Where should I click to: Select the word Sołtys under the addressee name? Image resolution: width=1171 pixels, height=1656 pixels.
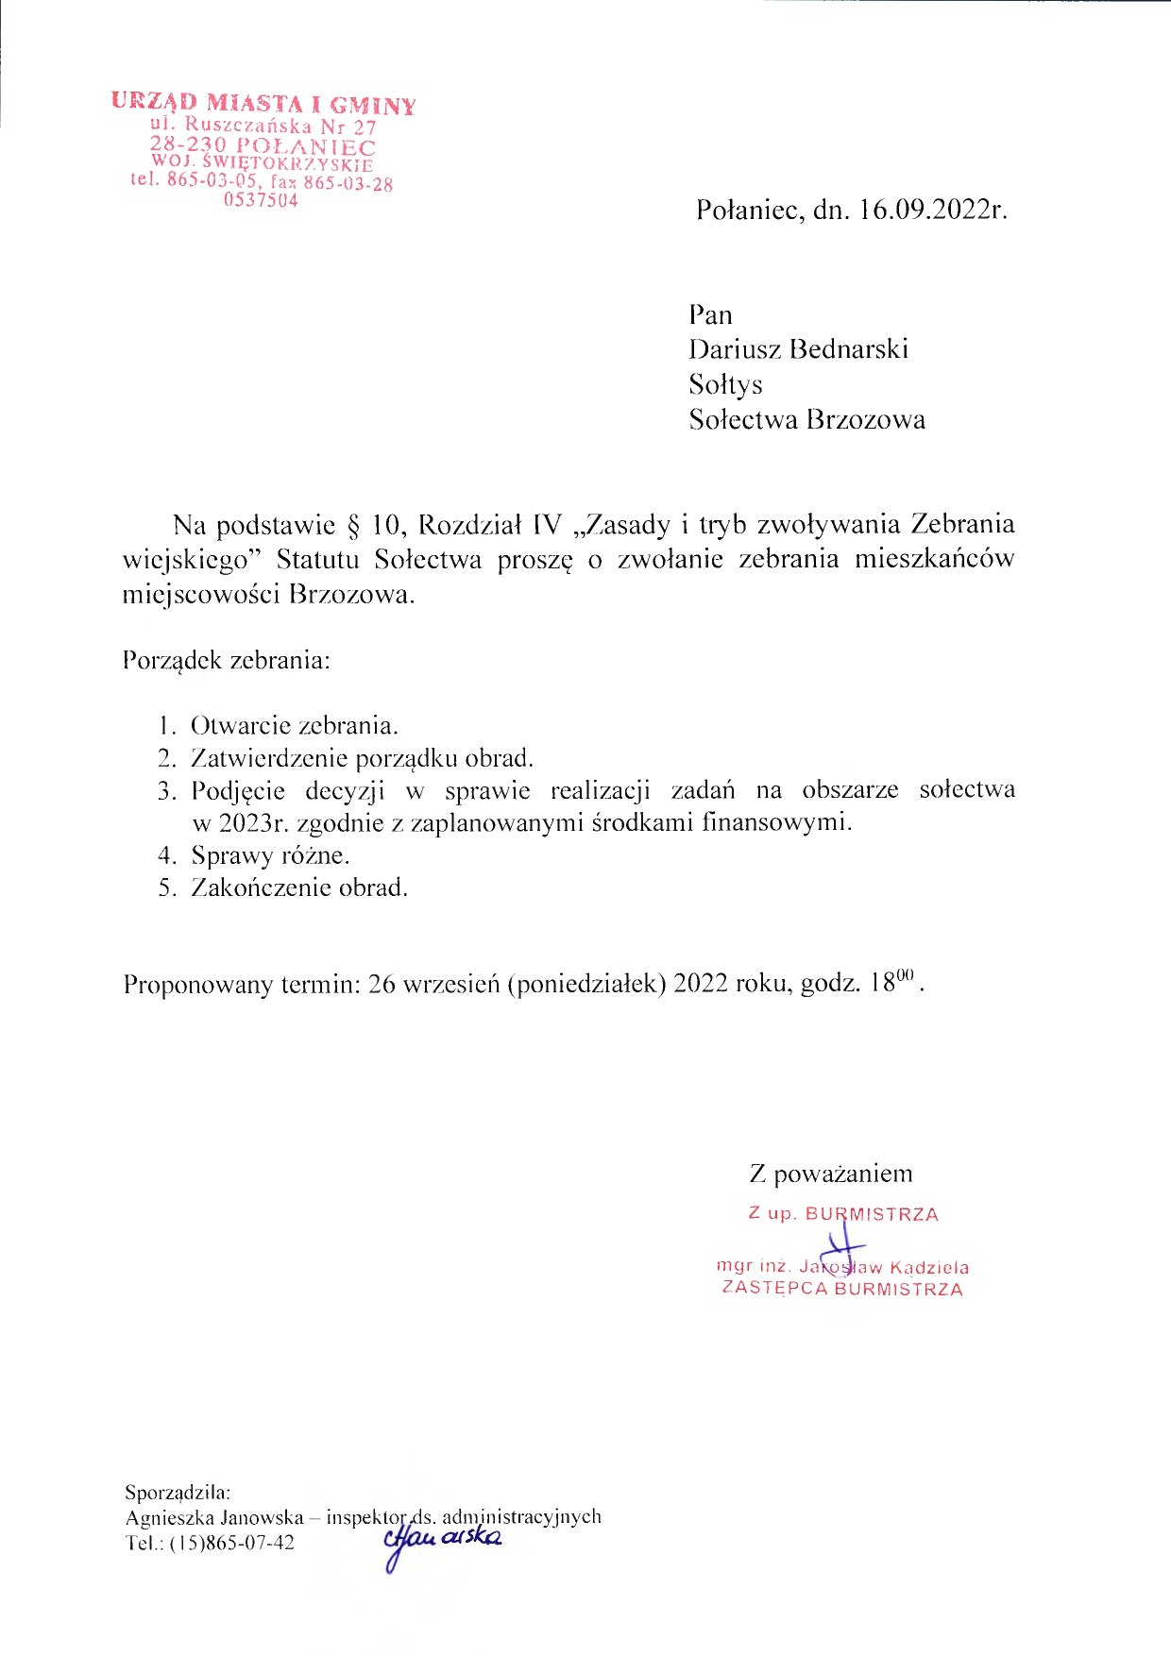click(x=725, y=385)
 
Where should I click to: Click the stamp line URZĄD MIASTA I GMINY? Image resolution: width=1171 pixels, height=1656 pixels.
click(x=263, y=102)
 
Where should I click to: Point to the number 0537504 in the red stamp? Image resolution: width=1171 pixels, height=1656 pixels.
click(x=261, y=200)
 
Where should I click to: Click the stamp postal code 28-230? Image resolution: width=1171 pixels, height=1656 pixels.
click(x=188, y=145)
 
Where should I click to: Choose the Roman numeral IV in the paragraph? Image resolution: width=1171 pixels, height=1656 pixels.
click(x=547, y=525)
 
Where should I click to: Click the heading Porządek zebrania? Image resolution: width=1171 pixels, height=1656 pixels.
click(x=227, y=659)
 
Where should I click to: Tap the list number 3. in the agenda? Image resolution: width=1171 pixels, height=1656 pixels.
click(x=167, y=790)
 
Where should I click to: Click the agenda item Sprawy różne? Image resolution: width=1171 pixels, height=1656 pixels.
click(x=270, y=855)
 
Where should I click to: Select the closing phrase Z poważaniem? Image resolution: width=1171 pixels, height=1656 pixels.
click(x=831, y=1174)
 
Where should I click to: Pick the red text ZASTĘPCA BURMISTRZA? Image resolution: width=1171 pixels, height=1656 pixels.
click(x=842, y=1289)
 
